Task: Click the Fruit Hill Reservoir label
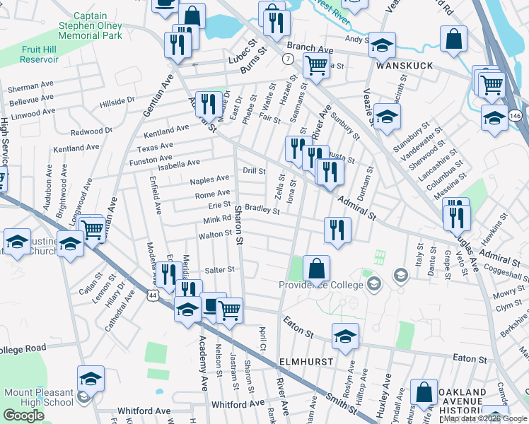(x=29, y=55)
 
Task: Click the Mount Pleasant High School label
(x=39, y=397)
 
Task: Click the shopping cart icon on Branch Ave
(x=317, y=65)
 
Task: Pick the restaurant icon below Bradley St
(x=338, y=230)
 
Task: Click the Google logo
(x=23, y=416)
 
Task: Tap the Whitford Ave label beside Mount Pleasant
(x=144, y=411)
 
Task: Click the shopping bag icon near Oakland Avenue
(x=424, y=393)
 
